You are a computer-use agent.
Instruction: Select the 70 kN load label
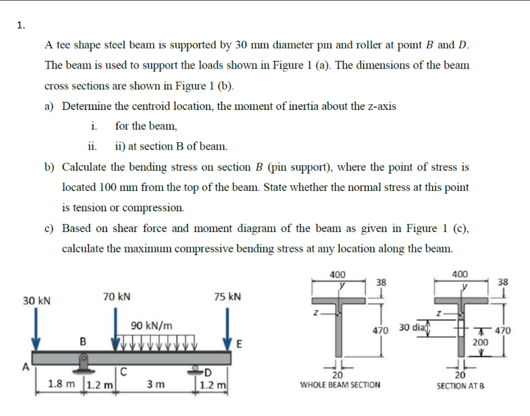click(x=117, y=296)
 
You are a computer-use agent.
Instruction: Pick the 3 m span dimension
click(x=154, y=385)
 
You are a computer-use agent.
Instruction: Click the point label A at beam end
click(x=26, y=368)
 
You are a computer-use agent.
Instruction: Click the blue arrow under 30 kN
click(x=37, y=330)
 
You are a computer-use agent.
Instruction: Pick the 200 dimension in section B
click(x=481, y=343)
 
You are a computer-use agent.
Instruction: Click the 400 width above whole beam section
click(x=338, y=274)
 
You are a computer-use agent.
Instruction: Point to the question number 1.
click(x=21, y=25)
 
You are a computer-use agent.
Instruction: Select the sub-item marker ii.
click(x=92, y=146)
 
